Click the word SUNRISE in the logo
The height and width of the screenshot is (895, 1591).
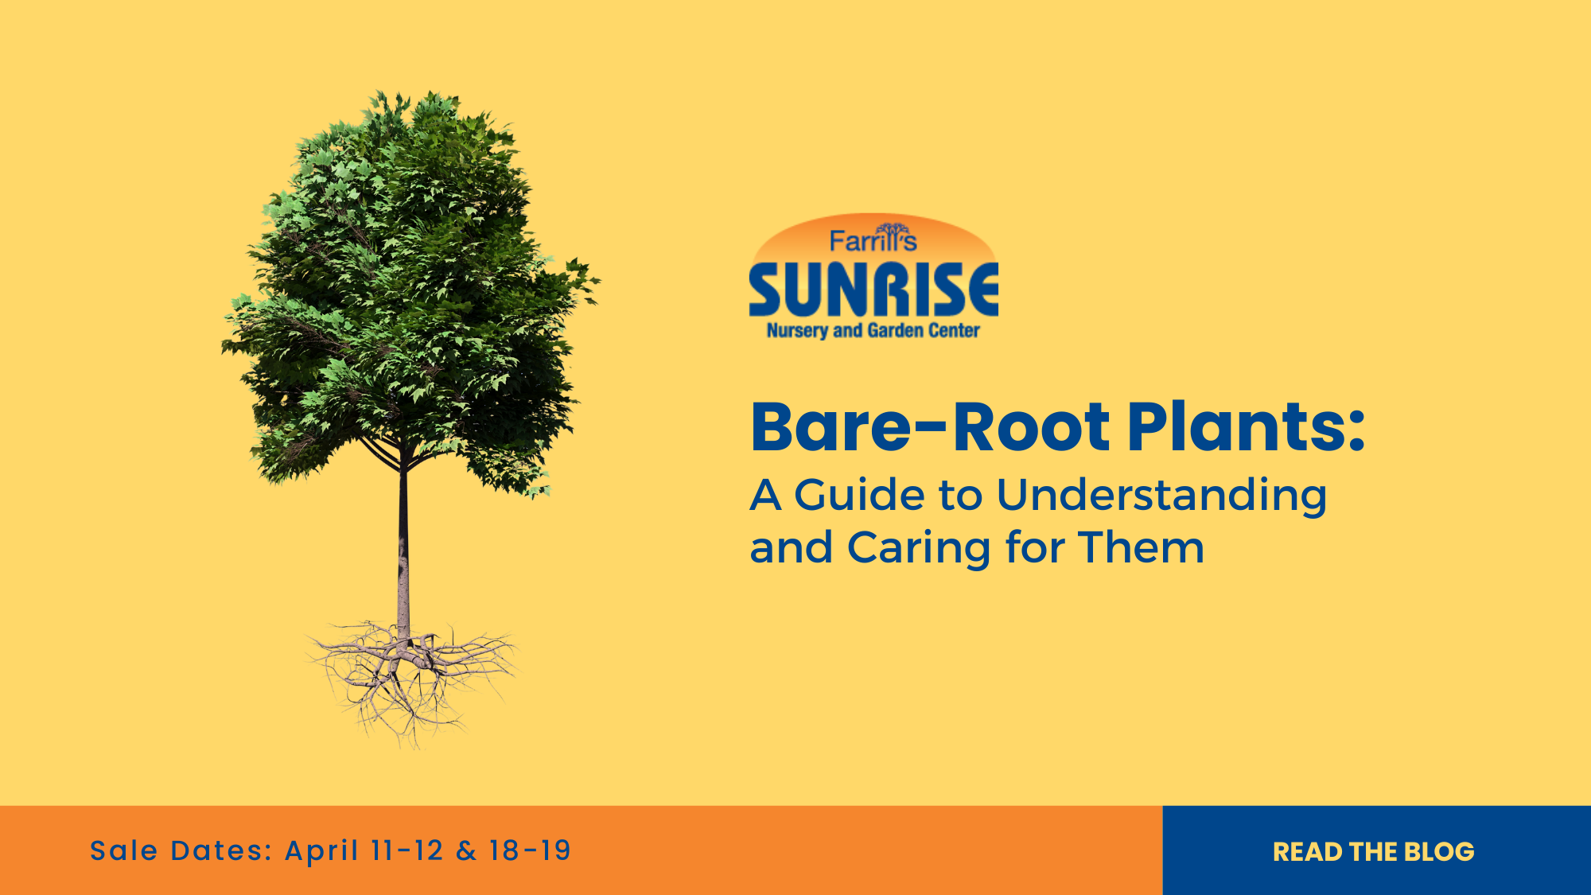pyautogui.click(x=873, y=290)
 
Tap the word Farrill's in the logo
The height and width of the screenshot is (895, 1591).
pyautogui.click(x=873, y=241)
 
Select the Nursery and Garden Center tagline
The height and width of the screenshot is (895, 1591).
pyautogui.click(x=873, y=330)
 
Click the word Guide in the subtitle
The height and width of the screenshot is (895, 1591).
pyautogui.click(x=859, y=496)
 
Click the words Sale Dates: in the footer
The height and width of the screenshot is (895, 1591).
pyautogui.click(x=181, y=850)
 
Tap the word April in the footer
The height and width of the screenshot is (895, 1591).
pyautogui.click(x=321, y=851)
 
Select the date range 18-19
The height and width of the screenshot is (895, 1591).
pyautogui.click(x=530, y=850)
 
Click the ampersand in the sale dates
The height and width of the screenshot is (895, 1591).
pyautogui.click(x=466, y=850)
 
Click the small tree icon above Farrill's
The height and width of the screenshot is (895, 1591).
pyautogui.click(x=891, y=231)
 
